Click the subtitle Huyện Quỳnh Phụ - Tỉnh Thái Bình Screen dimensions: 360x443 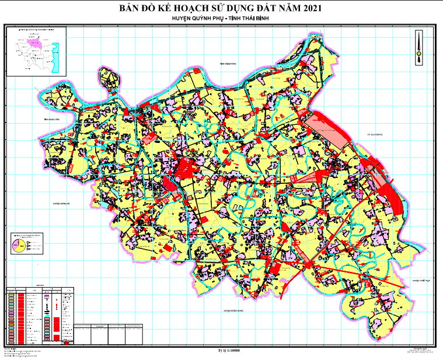(x=222, y=19)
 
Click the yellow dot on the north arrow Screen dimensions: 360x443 (x=418, y=54)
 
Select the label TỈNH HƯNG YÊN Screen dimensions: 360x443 (x=52, y=119)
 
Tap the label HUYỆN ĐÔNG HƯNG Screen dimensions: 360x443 (x=232, y=312)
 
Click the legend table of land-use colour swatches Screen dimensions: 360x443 (x=41, y=315)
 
